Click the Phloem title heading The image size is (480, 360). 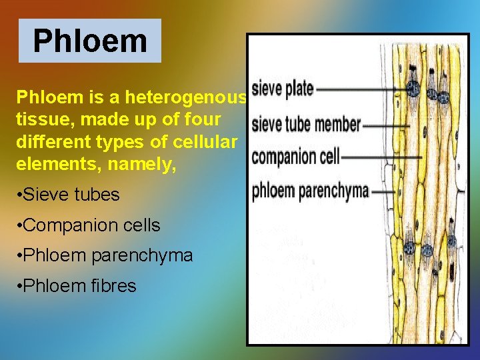[x=90, y=41]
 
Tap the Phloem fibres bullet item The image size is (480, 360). [x=79, y=286]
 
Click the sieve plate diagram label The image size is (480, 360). [x=283, y=88]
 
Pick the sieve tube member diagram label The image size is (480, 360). [x=307, y=124]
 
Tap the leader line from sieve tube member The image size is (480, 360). [x=387, y=125]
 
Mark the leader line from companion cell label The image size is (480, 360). [x=381, y=157]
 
